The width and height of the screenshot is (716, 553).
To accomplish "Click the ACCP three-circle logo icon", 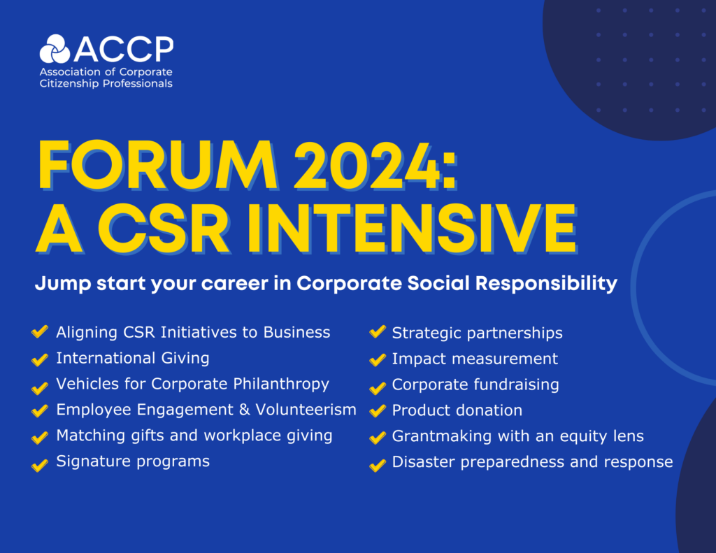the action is click(x=55, y=49).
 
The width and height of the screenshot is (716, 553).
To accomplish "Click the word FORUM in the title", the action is click(x=158, y=165).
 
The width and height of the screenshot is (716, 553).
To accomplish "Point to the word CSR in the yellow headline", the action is click(x=164, y=229).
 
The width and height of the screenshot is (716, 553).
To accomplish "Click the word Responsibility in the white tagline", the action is click(x=546, y=284).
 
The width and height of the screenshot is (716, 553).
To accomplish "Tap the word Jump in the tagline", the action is click(x=63, y=284).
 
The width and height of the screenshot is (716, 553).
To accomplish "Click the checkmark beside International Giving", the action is click(x=40, y=359).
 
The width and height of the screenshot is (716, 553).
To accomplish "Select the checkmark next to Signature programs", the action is click(x=40, y=465).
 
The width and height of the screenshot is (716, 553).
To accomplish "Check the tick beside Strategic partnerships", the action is click(x=378, y=331).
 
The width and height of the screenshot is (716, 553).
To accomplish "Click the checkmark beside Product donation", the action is click(x=378, y=410).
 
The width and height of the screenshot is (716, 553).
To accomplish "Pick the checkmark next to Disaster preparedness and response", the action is click(x=378, y=466).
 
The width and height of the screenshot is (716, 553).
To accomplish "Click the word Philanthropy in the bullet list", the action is click(x=281, y=385).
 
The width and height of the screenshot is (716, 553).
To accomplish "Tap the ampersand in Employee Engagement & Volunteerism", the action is click(x=245, y=410).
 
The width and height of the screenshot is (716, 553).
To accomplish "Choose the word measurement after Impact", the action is click(x=505, y=359).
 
